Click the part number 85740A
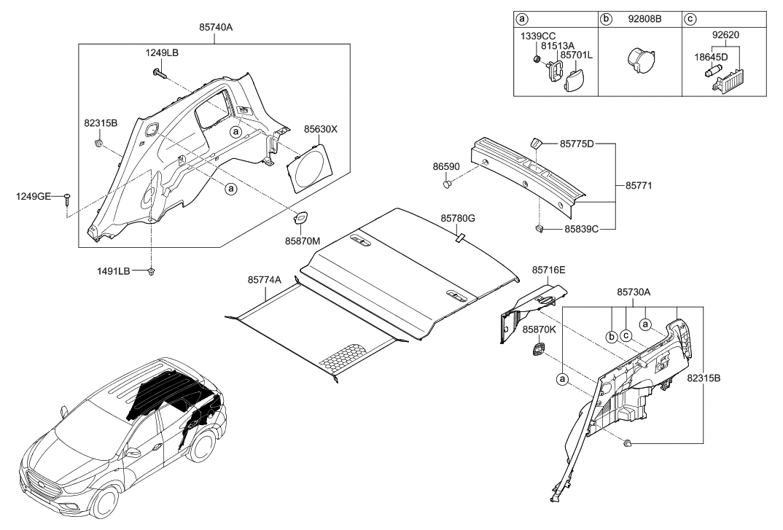pos(215,27)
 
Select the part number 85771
pos(639,186)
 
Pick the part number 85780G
pos(458,218)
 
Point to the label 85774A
pos(265,279)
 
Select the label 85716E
pos(549,269)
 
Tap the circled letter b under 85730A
pos(611,335)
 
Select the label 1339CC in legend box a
pos(536,36)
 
